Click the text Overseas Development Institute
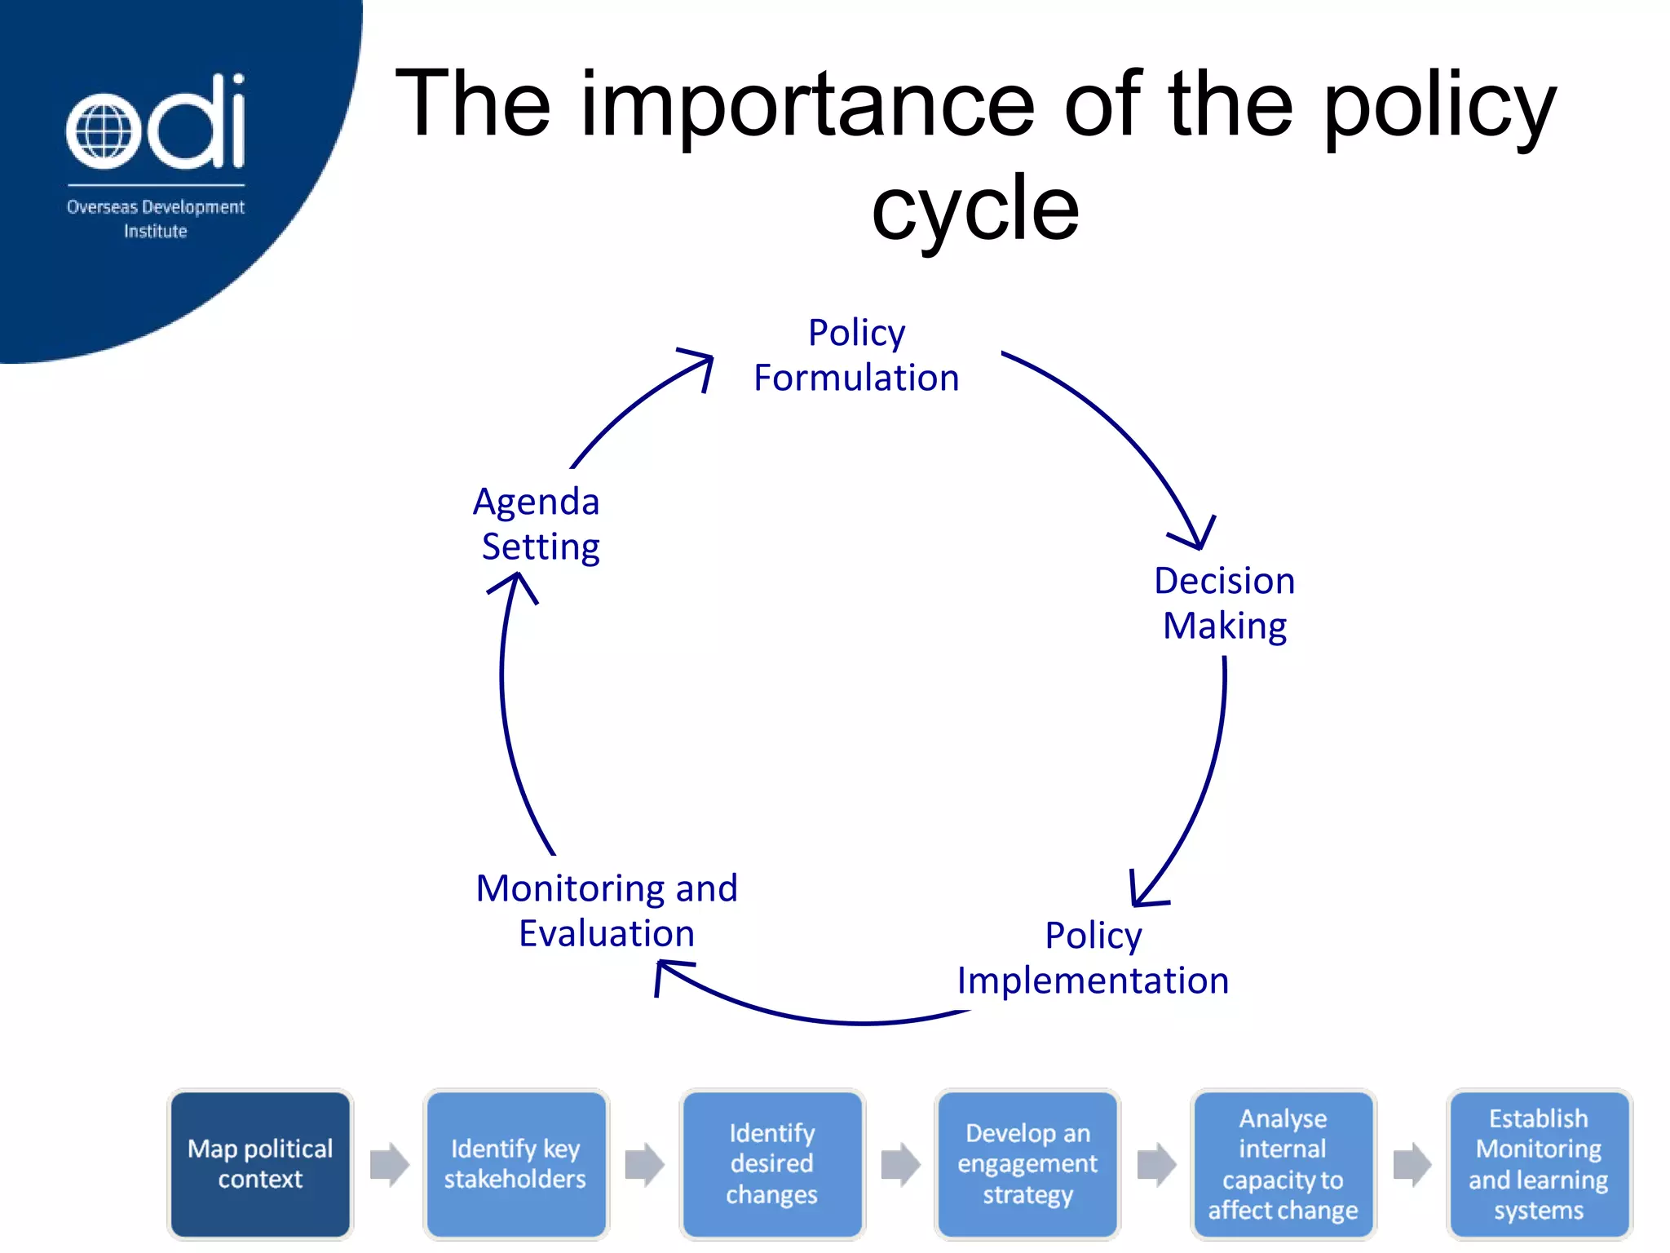[155, 219]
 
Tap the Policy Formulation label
[856, 356]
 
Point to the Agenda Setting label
[538, 524]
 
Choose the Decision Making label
[1224, 604]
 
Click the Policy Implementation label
[1093, 958]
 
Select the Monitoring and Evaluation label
[607, 910]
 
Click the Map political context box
[260, 1164]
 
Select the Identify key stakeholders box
[515, 1164]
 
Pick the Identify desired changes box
[771, 1164]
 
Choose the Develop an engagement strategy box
[1027, 1164]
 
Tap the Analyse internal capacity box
[1283, 1164]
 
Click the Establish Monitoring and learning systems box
[1539, 1164]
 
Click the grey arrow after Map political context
[389, 1164]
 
